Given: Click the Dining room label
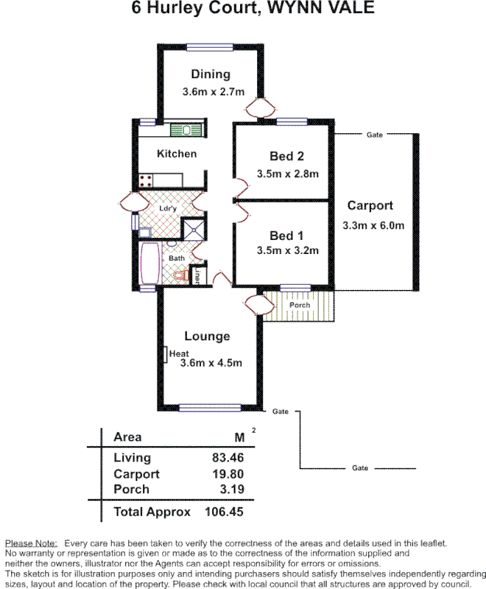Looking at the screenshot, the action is point(211,74).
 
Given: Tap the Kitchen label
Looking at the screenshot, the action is point(177,154).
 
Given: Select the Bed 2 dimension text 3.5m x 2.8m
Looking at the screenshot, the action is point(287,174).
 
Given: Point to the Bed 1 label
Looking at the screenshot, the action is point(286,236).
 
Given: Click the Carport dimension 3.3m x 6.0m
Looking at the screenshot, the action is point(373,226).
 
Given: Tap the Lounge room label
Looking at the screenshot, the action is point(207,336).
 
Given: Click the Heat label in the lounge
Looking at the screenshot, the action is point(179,354).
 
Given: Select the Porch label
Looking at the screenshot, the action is point(300,305).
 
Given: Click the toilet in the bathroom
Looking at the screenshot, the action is point(178,275).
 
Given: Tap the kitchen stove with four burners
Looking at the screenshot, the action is point(146,179).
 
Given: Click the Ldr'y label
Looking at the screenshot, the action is point(168,209).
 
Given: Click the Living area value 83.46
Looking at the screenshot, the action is point(228,458).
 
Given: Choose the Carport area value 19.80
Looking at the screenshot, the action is point(228,474).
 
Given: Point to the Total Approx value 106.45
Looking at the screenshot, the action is point(225,512).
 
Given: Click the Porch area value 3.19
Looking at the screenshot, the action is point(232,489).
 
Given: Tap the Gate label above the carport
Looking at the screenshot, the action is point(374,135).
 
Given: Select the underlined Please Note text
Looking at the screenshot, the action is point(31,543).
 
